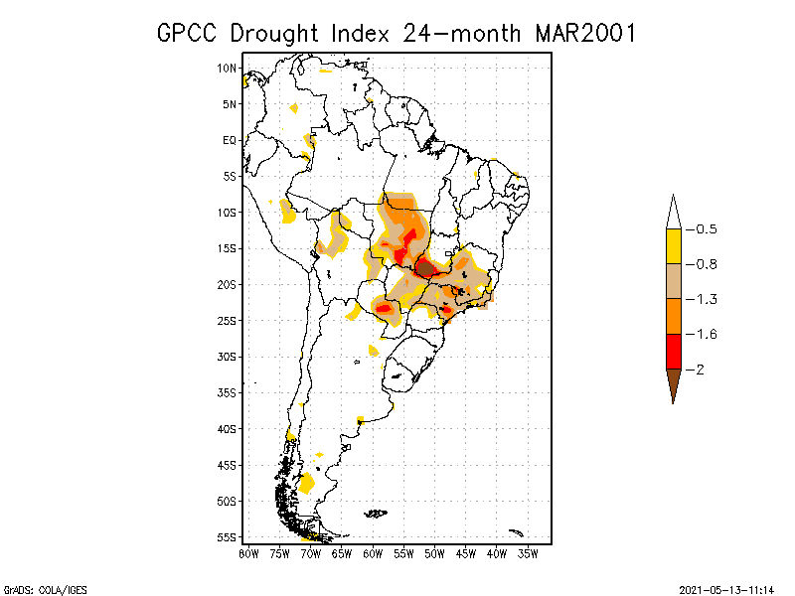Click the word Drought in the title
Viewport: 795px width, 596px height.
coord(274,33)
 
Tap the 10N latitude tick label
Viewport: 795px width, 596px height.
coord(227,68)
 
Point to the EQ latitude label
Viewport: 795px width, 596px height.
coord(230,140)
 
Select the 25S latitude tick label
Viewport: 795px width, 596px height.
coord(227,321)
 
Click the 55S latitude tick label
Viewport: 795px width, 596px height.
coord(227,537)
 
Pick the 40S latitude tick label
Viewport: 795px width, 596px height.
coord(227,429)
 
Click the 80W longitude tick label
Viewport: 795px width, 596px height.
coord(248,553)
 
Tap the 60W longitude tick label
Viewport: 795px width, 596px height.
coord(373,553)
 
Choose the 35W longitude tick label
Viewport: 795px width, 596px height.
coord(528,553)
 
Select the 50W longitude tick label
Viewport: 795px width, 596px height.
coord(434,553)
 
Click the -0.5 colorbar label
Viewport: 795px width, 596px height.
coord(706,229)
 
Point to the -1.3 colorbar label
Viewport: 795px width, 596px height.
coord(706,299)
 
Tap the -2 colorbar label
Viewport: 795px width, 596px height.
coord(702,369)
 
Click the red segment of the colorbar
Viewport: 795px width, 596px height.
coord(673,351)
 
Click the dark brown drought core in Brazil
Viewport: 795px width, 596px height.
coord(425,267)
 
